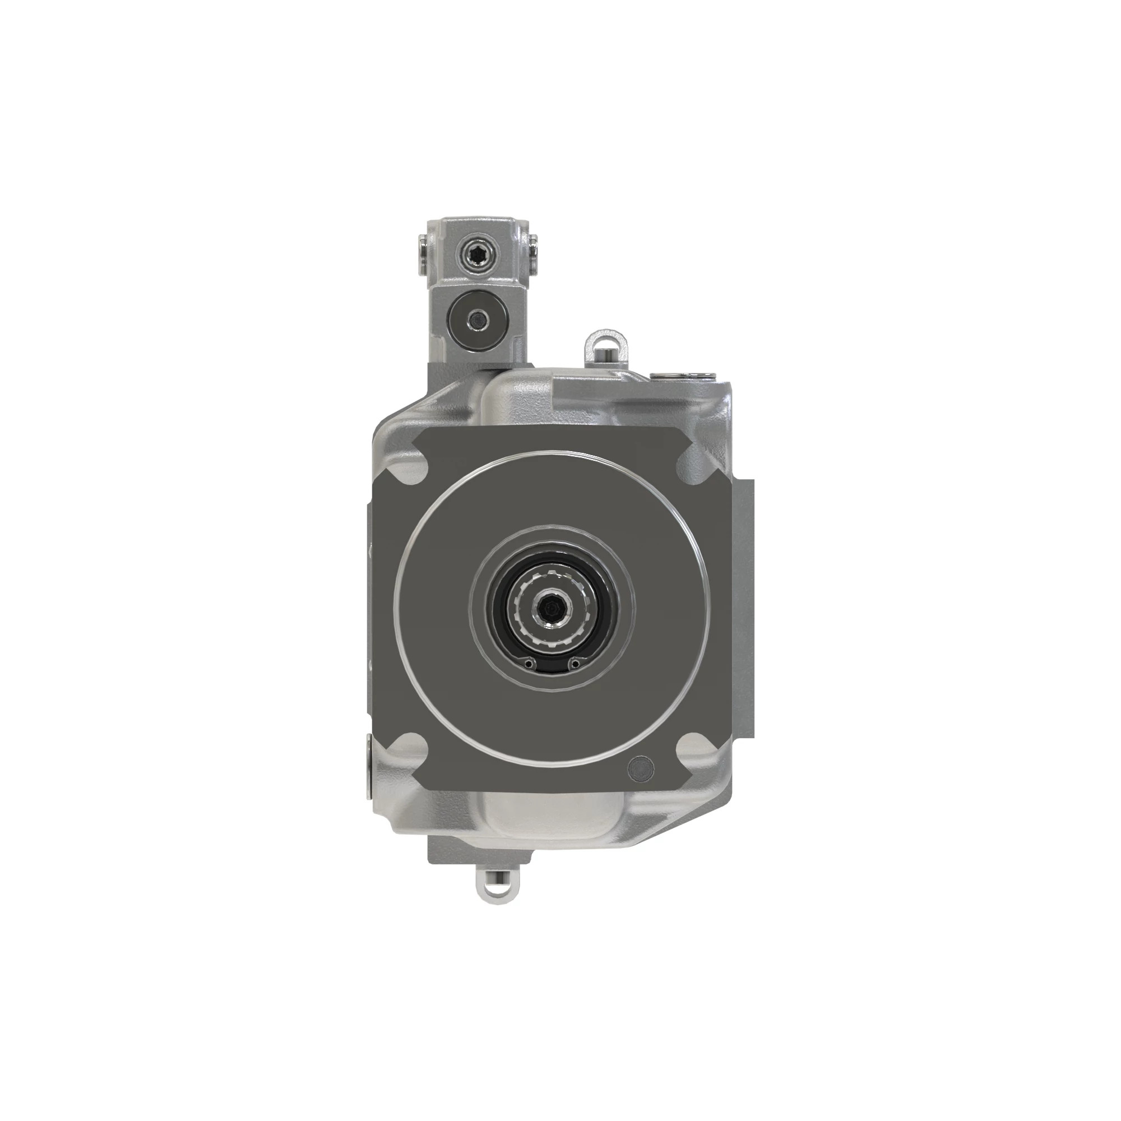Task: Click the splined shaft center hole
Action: coord(550,609)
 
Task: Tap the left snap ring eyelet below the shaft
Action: coord(527,663)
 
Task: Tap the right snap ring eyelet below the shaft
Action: coord(575,663)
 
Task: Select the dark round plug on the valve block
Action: coord(479,318)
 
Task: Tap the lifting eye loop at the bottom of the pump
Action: coord(495,888)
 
